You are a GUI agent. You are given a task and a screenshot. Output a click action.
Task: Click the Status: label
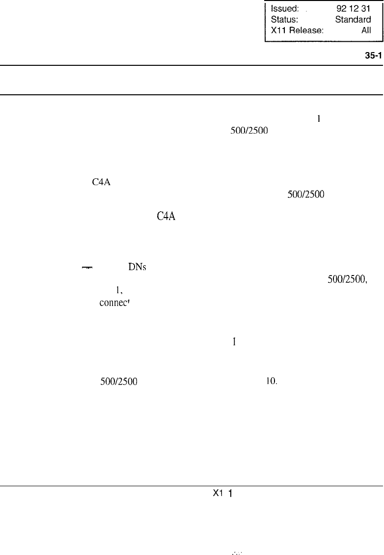[284, 20]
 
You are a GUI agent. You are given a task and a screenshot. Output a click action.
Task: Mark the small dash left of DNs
[87, 268]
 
